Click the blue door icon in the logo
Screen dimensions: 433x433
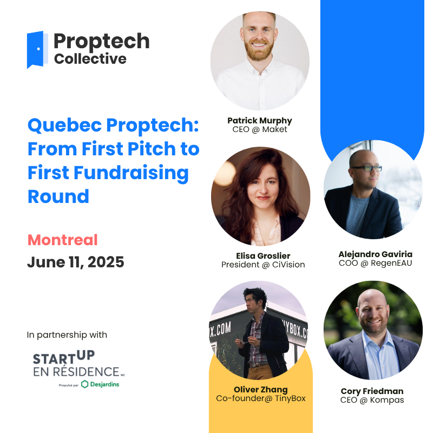pos(37,50)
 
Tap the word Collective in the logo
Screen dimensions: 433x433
pos(90,59)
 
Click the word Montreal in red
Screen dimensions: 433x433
pos(63,240)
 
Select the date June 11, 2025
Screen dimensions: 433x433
pos(76,262)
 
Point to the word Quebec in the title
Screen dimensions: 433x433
pos(64,126)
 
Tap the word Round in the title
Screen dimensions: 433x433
pos(58,196)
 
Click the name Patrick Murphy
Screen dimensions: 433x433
pos(260,121)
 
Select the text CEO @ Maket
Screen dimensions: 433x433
pos(260,129)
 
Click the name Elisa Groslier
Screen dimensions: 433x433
pos(263,255)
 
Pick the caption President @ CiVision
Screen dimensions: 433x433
pos(263,265)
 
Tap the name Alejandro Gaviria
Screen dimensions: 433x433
pos(375,254)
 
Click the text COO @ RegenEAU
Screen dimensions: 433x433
pos(375,263)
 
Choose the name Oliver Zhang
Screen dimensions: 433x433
pos(261,390)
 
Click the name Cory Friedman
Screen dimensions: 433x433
pos(372,391)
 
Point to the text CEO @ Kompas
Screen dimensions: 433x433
pos(372,400)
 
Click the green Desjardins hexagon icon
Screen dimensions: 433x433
pos(85,384)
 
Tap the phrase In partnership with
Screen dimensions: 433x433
pos(67,334)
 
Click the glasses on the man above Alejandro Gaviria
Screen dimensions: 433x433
pos(366,168)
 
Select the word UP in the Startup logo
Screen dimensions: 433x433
pos(86,355)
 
